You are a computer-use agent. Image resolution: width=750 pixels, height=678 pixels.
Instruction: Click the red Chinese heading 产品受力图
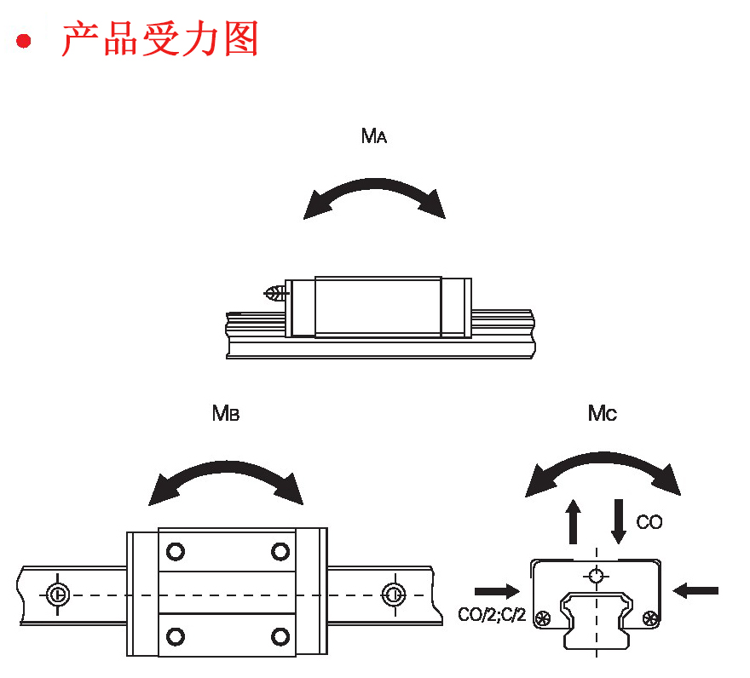tap(159, 39)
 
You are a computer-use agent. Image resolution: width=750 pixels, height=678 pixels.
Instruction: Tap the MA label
tap(374, 136)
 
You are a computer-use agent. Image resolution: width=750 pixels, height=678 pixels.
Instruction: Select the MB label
tap(226, 414)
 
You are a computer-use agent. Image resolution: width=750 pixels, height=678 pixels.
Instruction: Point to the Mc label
tap(603, 414)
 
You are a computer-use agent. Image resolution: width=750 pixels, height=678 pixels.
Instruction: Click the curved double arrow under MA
tap(374, 195)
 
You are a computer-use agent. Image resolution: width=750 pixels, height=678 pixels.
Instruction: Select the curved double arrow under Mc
tap(603, 471)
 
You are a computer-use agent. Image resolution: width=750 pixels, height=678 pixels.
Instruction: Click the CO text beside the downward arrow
tap(649, 522)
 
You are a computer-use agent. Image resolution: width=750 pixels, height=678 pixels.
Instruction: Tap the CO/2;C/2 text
tap(492, 614)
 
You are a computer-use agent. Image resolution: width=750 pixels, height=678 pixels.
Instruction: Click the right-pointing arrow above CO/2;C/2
tap(497, 589)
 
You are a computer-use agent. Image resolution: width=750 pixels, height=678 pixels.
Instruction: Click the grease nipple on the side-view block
tap(274, 295)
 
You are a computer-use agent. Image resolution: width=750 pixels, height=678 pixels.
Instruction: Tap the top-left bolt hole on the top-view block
tap(176, 551)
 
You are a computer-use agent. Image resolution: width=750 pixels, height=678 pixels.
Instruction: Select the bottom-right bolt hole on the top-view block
tap(280, 635)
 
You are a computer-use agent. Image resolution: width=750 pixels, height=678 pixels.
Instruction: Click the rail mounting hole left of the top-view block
tap(57, 594)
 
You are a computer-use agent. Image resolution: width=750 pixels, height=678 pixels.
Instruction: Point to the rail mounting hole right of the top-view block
tap(392, 593)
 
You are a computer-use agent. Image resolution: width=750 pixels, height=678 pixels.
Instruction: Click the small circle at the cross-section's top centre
tap(597, 575)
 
